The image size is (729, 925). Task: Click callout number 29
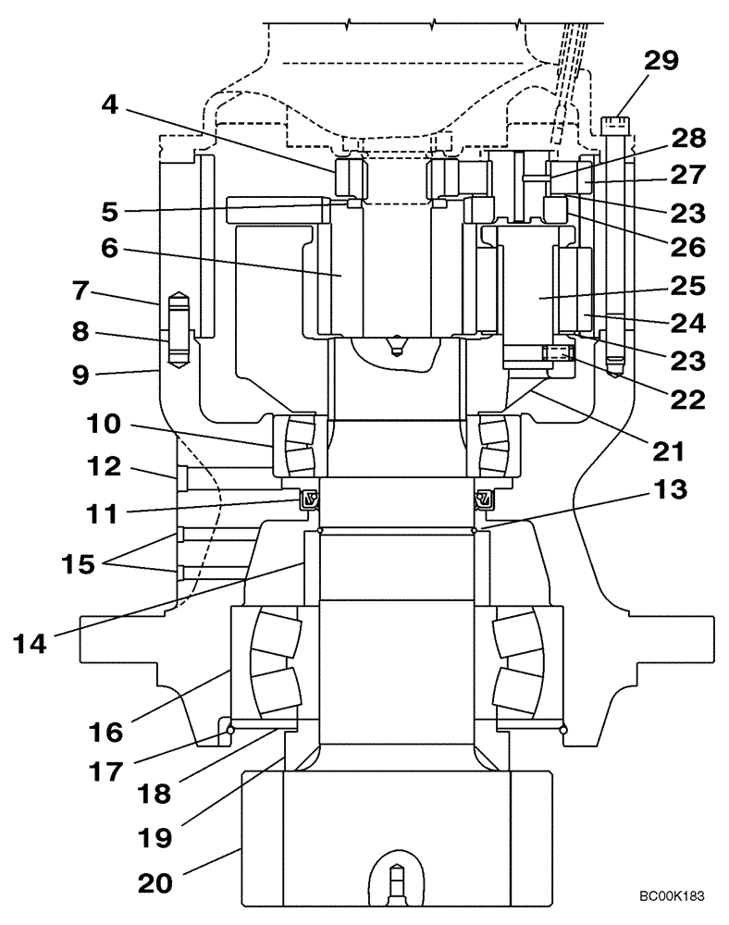coord(660,63)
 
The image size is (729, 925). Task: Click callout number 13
coord(672,490)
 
